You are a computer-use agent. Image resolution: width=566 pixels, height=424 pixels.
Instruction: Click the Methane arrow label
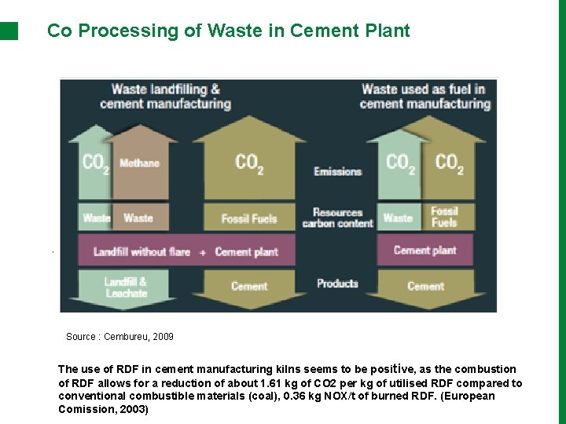139,163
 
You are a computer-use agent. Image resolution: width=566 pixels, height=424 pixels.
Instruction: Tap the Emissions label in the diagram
337,171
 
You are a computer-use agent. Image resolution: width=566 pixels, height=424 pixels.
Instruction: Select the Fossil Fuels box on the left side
249,218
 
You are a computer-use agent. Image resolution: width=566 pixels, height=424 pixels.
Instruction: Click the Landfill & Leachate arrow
126,287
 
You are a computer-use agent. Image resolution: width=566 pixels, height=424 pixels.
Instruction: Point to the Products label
337,283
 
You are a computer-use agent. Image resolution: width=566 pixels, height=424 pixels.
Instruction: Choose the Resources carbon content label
337,217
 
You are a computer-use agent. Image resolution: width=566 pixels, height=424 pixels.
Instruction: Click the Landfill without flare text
141,252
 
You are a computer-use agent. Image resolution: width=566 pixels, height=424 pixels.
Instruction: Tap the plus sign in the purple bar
203,252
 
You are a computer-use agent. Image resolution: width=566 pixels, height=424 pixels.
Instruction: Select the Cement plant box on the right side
424,250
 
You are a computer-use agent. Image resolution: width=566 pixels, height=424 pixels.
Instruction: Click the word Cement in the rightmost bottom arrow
425,286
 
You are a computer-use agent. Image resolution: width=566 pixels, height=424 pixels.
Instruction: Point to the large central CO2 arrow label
249,163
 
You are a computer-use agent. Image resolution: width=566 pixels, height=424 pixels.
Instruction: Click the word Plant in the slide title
389,31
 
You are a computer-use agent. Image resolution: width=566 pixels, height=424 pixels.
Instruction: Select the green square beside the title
9,31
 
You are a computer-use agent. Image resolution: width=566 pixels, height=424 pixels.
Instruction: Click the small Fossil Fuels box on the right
444,217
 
